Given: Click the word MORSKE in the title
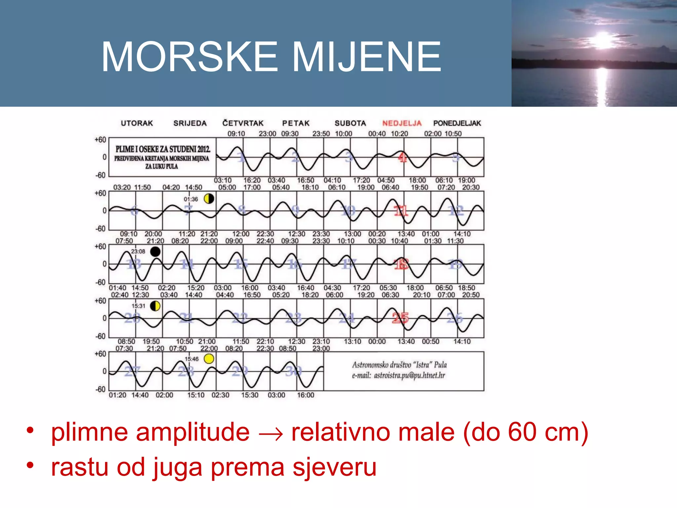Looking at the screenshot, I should pyautogui.click(x=189, y=57).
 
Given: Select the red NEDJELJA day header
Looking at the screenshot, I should pyautogui.click(x=402, y=123).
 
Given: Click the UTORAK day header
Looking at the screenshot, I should pyautogui.click(x=137, y=123).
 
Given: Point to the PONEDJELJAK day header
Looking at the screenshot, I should pyautogui.click(x=457, y=123).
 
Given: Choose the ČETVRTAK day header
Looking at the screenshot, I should pyautogui.click(x=243, y=123).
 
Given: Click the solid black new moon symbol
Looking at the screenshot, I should pyautogui.click(x=155, y=252).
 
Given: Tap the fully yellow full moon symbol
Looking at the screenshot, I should pyautogui.click(x=209, y=359).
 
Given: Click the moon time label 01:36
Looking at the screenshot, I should pyautogui.click(x=191, y=199).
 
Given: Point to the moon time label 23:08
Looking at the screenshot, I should pyautogui.click(x=138, y=251).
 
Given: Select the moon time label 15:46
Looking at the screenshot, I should pyautogui.click(x=191, y=359).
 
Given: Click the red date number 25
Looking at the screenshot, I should pyautogui.click(x=400, y=318).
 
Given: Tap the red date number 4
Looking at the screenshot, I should pyautogui.click(x=402, y=157).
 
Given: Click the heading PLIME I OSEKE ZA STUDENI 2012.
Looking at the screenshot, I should pyautogui.click(x=163, y=149).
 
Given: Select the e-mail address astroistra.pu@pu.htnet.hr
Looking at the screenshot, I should pyautogui.click(x=409, y=376).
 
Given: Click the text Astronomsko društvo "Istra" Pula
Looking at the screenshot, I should pyautogui.click(x=399, y=365).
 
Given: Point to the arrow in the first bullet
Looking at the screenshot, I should pyautogui.click(x=271, y=434).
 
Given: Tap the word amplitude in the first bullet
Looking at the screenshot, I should pyautogui.click(x=193, y=432).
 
